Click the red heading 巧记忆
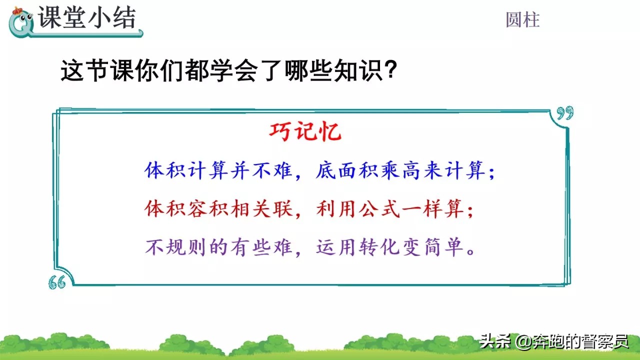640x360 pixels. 305,131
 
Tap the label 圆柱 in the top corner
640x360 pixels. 522,20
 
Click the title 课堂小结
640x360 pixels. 87,17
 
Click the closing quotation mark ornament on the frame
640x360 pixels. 565,113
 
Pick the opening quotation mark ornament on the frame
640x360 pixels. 57,282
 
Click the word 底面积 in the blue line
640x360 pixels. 346,170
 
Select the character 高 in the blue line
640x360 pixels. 411,170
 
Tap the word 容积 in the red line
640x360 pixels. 207,208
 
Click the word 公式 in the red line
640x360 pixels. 379,208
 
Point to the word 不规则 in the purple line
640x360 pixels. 175,247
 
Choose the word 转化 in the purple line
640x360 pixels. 379,247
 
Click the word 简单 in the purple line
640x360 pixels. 443,247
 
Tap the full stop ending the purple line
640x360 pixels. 471,252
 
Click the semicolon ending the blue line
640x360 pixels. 491,173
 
